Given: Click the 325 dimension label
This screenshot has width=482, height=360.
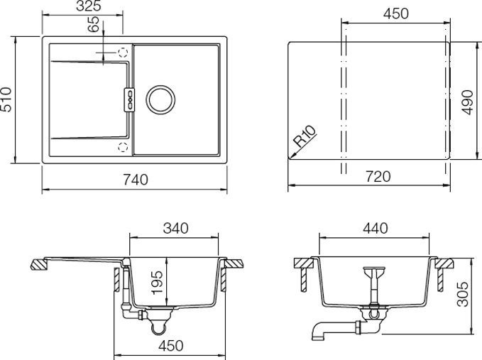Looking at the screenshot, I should (x=88, y=6).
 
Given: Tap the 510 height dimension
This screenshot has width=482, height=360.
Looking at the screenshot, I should (x=7, y=100).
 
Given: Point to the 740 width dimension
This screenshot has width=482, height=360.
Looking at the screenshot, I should (x=135, y=180).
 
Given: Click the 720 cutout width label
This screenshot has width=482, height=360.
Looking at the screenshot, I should (x=377, y=177).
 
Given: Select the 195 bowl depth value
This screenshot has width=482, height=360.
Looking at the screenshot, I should (x=159, y=283).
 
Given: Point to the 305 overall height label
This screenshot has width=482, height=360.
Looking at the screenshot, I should (x=463, y=291).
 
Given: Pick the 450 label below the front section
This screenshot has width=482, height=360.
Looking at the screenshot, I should (x=170, y=346).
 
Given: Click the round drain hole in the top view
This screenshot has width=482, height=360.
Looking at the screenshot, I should (x=160, y=99).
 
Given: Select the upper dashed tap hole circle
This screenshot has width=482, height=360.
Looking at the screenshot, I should (x=123, y=53).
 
